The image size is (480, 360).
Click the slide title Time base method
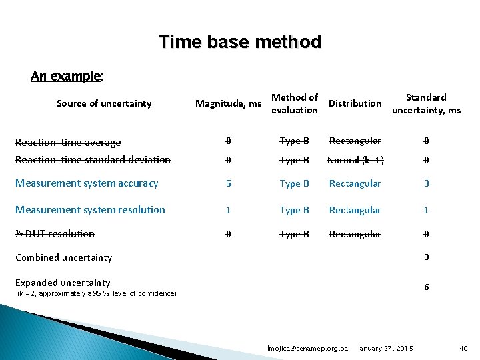(240, 43)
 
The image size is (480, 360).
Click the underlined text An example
(66, 76)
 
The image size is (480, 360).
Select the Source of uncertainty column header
(104, 103)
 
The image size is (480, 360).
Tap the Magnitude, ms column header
(228, 103)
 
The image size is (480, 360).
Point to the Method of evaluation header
(295, 103)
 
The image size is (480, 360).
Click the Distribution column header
(355, 103)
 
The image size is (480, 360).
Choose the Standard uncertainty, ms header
(426, 103)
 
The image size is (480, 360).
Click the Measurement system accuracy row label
(87, 183)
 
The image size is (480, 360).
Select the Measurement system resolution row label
(90, 210)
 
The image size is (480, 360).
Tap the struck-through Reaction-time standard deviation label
(93, 160)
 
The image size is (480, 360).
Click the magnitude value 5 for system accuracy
(228, 183)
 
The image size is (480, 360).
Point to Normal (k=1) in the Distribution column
(355, 160)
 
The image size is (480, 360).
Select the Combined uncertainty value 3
(427, 257)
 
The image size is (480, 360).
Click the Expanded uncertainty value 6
(427, 287)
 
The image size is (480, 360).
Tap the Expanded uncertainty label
(63, 283)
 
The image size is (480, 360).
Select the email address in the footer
(307, 349)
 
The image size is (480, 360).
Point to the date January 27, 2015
(385, 349)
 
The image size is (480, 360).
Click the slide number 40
(463, 349)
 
